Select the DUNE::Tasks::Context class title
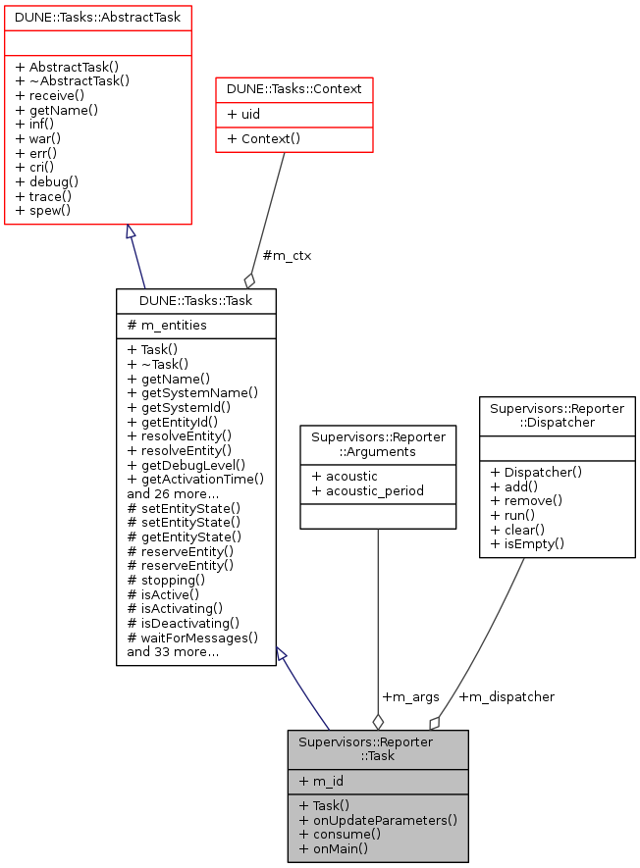[293, 89]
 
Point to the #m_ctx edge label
[287, 255]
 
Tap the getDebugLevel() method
[186, 464]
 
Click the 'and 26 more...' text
[173, 493]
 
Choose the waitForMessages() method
[192, 638]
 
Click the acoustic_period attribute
[367, 490]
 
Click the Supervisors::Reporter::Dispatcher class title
[557, 414]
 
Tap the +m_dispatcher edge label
[507, 696]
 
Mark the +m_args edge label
[409, 696]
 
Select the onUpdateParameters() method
[378, 819]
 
